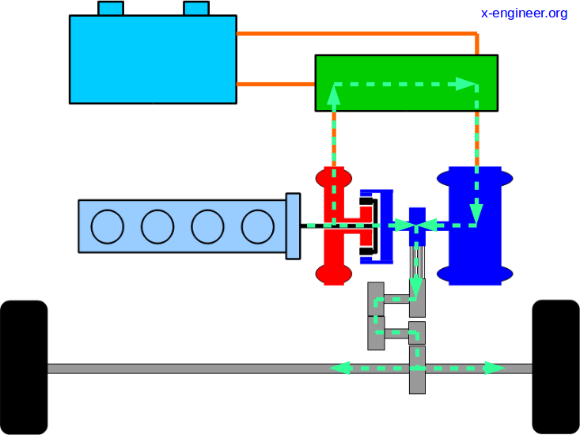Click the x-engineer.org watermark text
coord(524,13)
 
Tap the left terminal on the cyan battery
coord(111,9)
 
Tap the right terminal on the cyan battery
coord(196,9)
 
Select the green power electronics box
coord(406,82)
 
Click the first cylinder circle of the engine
coord(108,227)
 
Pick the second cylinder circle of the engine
coord(157,227)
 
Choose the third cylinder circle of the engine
coord(207,227)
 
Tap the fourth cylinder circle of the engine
coord(257,227)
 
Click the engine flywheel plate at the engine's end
coord(293,225)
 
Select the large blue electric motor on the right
coord(475,225)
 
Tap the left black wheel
coord(24,367)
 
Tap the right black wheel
coord(555,367)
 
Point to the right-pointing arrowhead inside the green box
coord(466,83)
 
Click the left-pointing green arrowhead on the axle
coord(340,368)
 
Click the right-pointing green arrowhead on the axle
coord(495,368)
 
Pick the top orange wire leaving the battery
coord(356,34)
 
